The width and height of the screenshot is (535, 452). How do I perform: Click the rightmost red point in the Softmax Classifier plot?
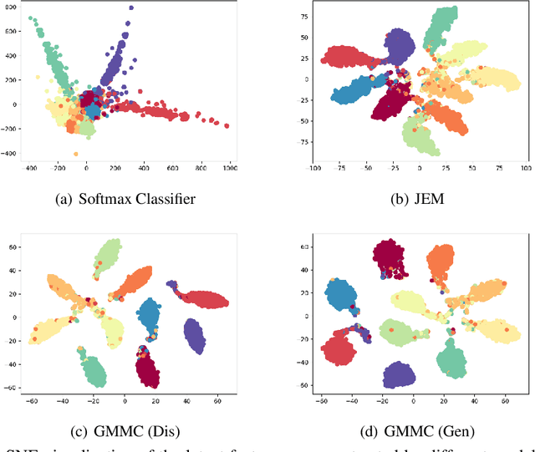click(226, 126)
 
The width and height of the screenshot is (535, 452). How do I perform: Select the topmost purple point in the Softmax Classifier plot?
click(130, 8)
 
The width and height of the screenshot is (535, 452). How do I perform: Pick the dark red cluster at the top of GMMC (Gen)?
click(395, 256)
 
